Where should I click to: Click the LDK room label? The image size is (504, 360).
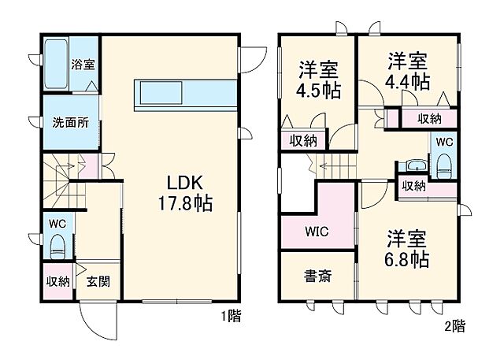click(180, 179)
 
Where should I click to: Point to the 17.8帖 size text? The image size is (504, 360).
click(181, 202)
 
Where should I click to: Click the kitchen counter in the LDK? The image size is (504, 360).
click(186, 94)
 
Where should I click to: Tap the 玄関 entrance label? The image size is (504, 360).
click(97, 281)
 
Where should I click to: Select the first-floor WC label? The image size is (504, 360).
click(57, 224)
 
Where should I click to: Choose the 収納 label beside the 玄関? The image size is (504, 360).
click(57, 281)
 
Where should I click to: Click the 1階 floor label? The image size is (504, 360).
click(231, 317)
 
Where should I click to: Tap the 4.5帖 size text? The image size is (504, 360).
click(319, 89)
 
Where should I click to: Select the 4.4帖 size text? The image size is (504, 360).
click(407, 81)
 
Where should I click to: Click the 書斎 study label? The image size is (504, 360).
click(317, 276)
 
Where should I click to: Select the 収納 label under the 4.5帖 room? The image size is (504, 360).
click(303, 142)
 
